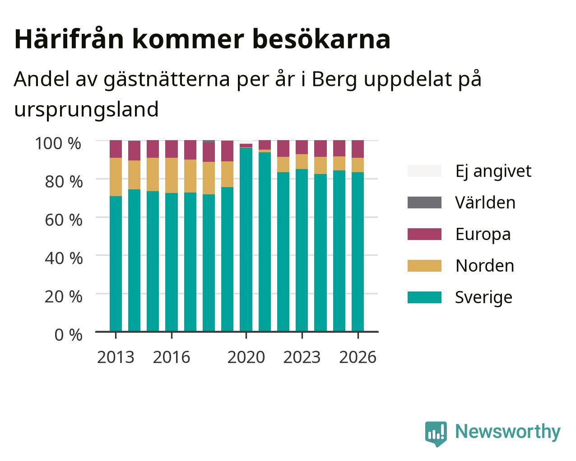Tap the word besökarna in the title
coord(321,39)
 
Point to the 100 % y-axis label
coord(58,143)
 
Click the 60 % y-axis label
coord(64,220)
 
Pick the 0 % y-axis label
coord(68,335)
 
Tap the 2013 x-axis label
coord(116,357)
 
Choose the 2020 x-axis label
coord(246,357)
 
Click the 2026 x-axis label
coord(358,357)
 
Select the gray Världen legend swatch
coord(424,202)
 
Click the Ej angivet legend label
coord(493,171)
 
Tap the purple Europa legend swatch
coord(424,234)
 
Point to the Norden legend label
coord(485,266)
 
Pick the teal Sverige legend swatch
coord(424,297)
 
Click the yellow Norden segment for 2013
coord(116,177)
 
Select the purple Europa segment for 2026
coord(358,149)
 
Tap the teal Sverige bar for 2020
coord(246,240)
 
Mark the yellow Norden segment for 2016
coord(171,175)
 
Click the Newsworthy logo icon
coord(436,433)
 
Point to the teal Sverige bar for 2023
coord(302,250)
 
